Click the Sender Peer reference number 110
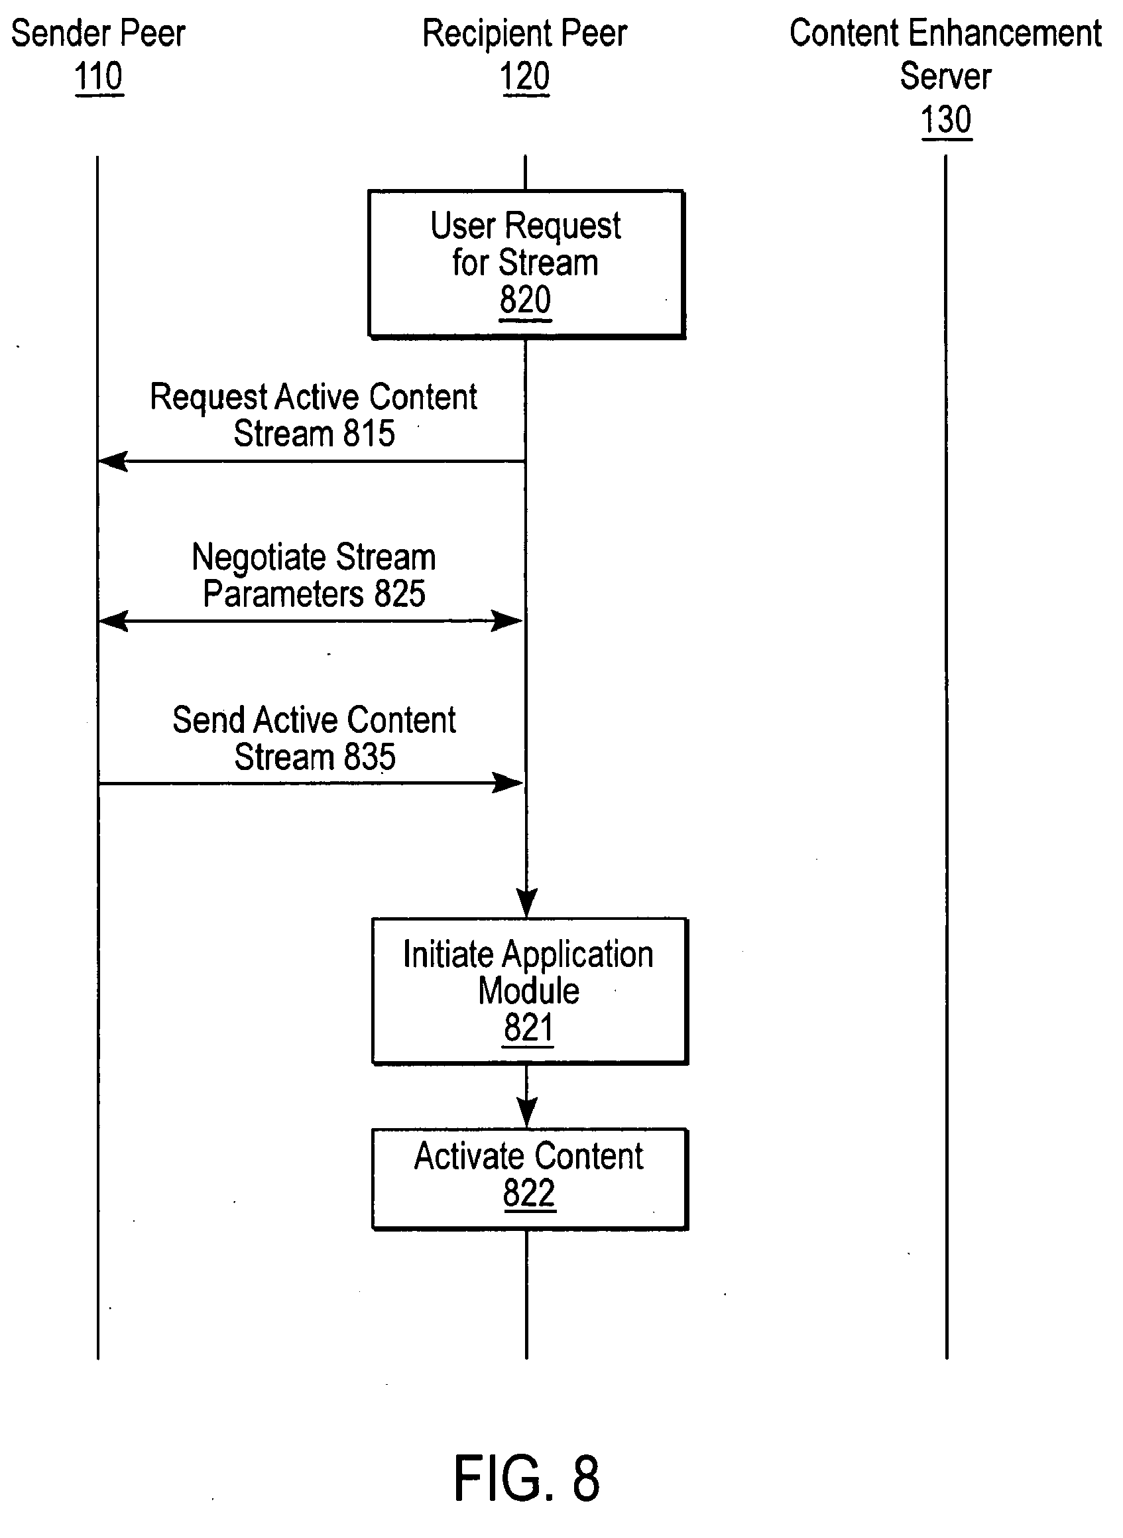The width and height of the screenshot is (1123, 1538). click(99, 76)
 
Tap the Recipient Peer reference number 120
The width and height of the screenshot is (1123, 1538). click(525, 76)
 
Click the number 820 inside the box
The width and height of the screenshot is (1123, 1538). click(525, 300)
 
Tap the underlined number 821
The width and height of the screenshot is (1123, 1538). click(528, 1027)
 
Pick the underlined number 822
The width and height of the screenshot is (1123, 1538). click(529, 1193)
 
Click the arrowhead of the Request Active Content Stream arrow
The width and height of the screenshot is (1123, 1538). click(111, 462)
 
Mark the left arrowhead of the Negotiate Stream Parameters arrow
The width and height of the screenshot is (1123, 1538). click(111, 621)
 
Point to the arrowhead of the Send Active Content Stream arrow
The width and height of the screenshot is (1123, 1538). click(508, 783)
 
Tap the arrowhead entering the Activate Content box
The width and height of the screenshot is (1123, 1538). click(526, 1114)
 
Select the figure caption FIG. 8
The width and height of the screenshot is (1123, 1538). click(527, 1478)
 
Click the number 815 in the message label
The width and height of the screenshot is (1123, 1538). click(369, 433)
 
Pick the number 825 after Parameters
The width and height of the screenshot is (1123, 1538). click(400, 594)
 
